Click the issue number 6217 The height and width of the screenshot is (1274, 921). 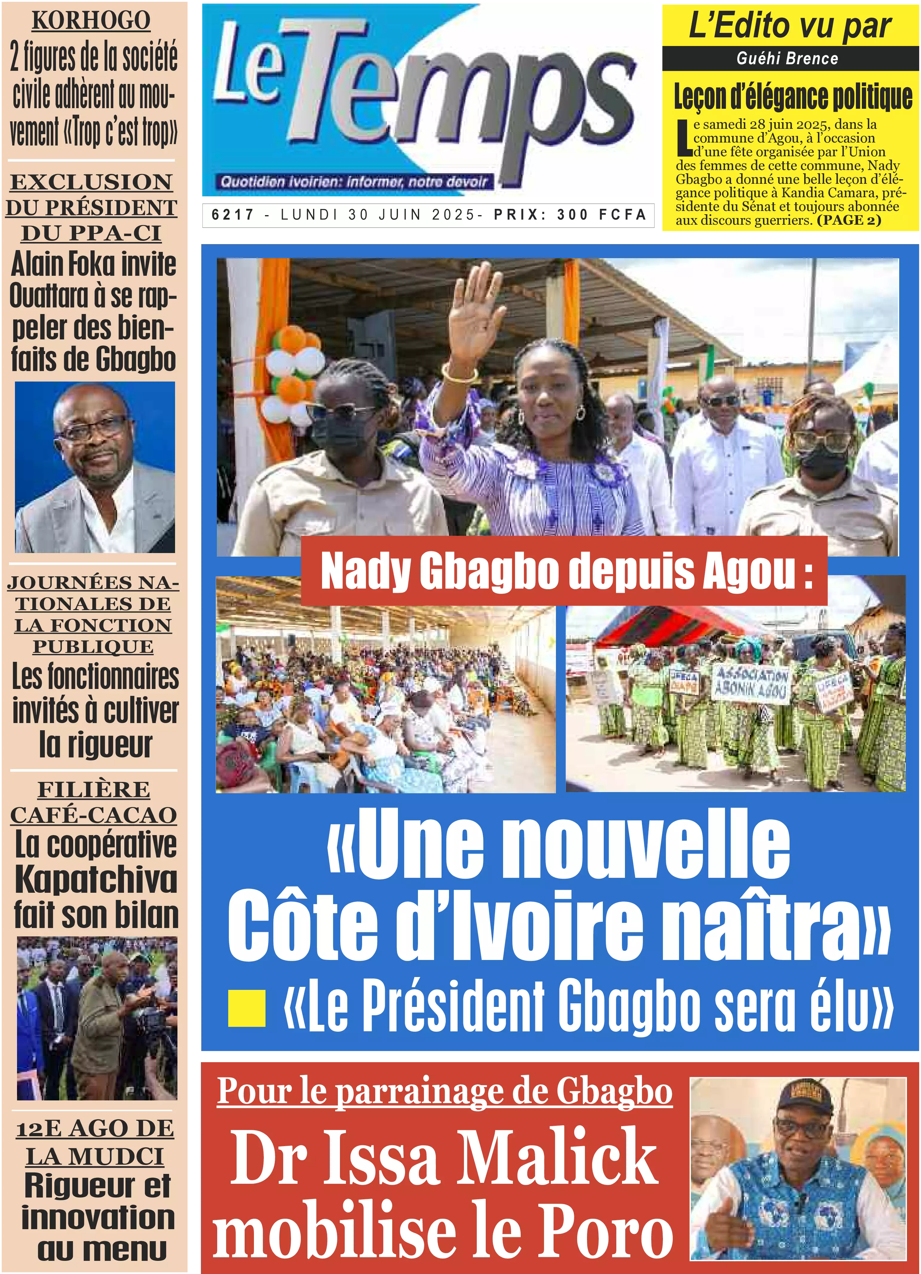[233, 215]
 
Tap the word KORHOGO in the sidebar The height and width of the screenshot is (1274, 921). [91, 21]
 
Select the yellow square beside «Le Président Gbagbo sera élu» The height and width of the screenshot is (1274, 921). [246, 1008]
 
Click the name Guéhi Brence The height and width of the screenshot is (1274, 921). [787, 59]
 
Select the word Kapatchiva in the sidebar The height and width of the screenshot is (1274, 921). [96, 880]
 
